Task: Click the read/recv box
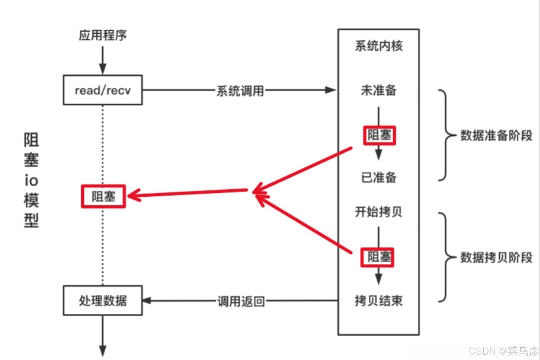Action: coord(103,90)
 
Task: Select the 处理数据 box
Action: coord(103,300)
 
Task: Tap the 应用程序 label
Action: coord(103,35)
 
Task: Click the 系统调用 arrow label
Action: coord(240,91)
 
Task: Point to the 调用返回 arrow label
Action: coord(241,301)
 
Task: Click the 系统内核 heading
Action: coord(378,46)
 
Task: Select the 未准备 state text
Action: coord(378,90)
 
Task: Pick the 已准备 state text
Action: coord(378,177)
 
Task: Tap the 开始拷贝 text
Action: coord(378,212)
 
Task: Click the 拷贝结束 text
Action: coord(378,300)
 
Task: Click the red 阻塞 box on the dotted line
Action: coord(103,196)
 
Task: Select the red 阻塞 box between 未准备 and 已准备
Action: coord(379,135)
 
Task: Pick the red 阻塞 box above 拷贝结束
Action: coord(377,257)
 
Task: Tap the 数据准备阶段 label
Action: coord(496,135)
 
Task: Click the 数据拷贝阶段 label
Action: coord(496,258)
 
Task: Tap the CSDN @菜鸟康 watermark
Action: coord(503,351)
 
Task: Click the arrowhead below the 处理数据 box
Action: coord(103,351)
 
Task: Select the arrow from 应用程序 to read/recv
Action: coord(103,60)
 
